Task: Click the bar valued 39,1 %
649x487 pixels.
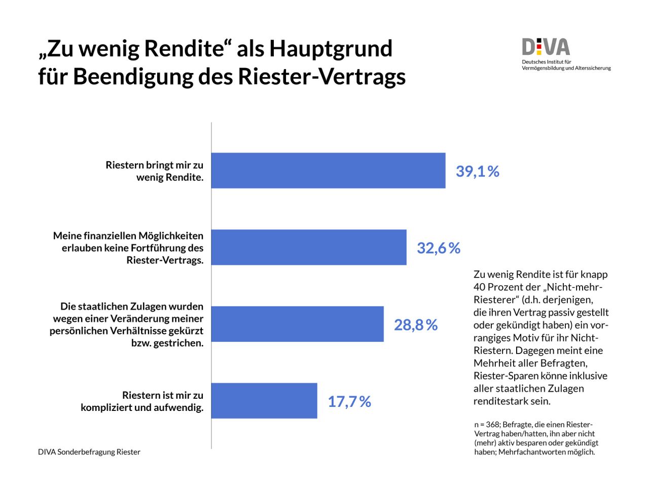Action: pyautogui.click(x=328, y=170)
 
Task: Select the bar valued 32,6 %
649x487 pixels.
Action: pyautogui.click(x=309, y=247)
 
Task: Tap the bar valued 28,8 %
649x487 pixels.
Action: pyautogui.click(x=297, y=324)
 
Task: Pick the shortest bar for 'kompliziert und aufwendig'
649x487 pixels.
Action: pyautogui.click(x=264, y=401)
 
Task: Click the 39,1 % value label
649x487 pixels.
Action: pyautogui.click(x=477, y=171)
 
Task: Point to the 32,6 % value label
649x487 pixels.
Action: pyautogui.click(x=438, y=248)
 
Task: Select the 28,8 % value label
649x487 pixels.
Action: pyautogui.click(x=415, y=325)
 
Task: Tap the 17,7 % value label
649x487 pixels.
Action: pyautogui.click(x=349, y=402)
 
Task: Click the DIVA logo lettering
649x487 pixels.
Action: pyautogui.click(x=546, y=48)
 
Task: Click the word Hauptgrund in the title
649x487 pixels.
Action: pyautogui.click(x=331, y=49)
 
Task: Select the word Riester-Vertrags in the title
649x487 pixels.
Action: pyautogui.click(x=321, y=77)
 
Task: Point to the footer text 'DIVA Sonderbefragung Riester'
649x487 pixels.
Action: pyautogui.click(x=89, y=452)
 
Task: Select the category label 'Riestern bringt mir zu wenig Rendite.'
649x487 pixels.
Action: pyautogui.click(x=155, y=171)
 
